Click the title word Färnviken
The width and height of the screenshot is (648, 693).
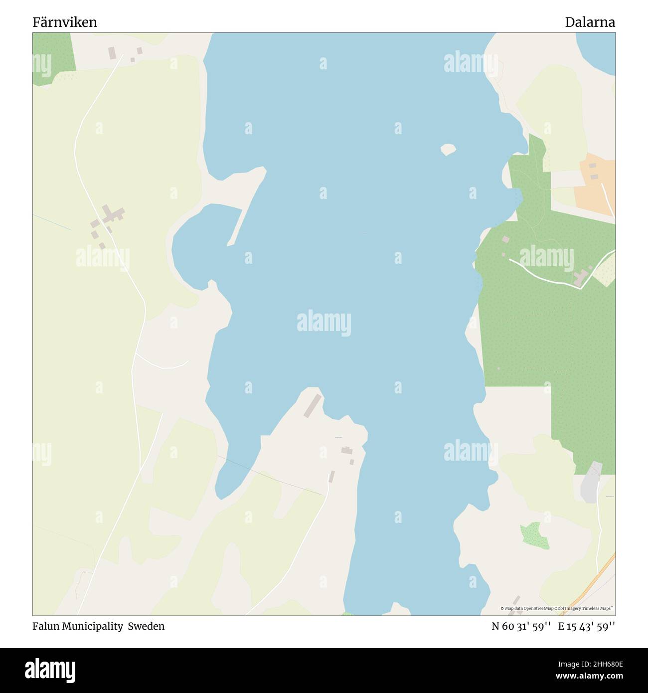click(x=65, y=22)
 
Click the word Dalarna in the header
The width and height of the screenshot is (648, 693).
click(x=590, y=22)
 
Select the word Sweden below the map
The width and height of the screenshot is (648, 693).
click(x=146, y=626)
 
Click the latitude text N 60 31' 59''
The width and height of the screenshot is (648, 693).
click(x=521, y=626)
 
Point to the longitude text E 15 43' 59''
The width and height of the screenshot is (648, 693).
click(x=587, y=626)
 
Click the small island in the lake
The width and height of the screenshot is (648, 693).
click(x=448, y=149)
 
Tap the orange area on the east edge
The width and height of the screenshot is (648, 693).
click(x=596, y=184)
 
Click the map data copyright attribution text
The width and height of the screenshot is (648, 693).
click(x=557, y=608)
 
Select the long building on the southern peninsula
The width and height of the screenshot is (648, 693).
click(x=313, y=405)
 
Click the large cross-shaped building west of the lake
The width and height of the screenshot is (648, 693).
click(x=113, y=215)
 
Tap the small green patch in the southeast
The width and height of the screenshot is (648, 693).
click(x=534, y=535)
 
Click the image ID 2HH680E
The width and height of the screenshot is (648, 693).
click(x=598, y=663)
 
